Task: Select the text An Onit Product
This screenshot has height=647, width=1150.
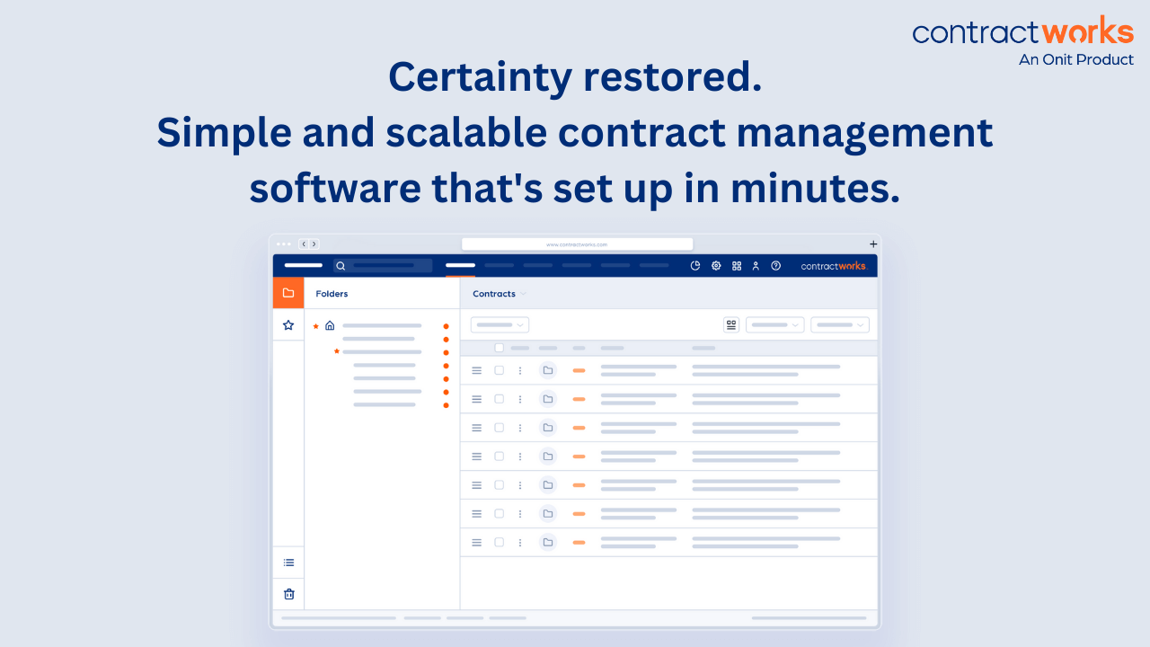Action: [1075, 60]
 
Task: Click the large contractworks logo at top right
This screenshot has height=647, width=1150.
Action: [1022, 32]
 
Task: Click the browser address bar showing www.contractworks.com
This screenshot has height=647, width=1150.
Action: [577, 244]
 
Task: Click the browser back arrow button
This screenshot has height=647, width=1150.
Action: [305, 244]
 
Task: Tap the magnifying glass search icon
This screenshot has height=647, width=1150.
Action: [341, 266]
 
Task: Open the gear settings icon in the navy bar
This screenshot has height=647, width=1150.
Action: [716, 266]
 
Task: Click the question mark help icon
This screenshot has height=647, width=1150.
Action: [775, 266]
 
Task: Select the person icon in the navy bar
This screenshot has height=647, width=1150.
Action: [756, 266]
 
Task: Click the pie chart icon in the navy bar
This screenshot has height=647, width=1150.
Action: [695, 266]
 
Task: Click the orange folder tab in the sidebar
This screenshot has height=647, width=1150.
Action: [288, 293]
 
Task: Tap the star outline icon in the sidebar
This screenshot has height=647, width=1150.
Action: [288, 325]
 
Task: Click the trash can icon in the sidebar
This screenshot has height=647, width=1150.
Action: [288, 594]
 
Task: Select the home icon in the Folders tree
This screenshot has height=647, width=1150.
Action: [330, 325]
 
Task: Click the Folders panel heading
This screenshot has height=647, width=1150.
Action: [332, 294]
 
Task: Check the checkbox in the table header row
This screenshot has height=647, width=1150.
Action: [500, 348]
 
